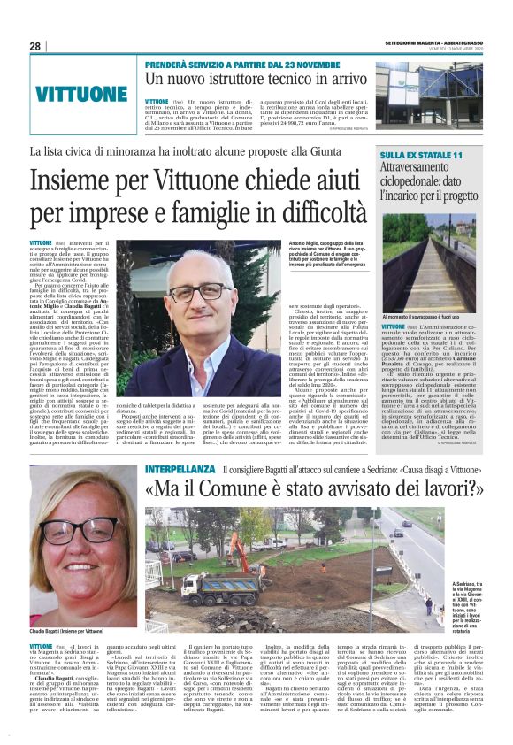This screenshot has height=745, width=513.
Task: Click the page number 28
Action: coord(35,46)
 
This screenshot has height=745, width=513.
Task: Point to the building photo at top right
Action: coord(429,92)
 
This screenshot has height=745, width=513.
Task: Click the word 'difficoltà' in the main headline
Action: coord(311,214)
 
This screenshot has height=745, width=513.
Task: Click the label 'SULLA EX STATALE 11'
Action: coord(421,156)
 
